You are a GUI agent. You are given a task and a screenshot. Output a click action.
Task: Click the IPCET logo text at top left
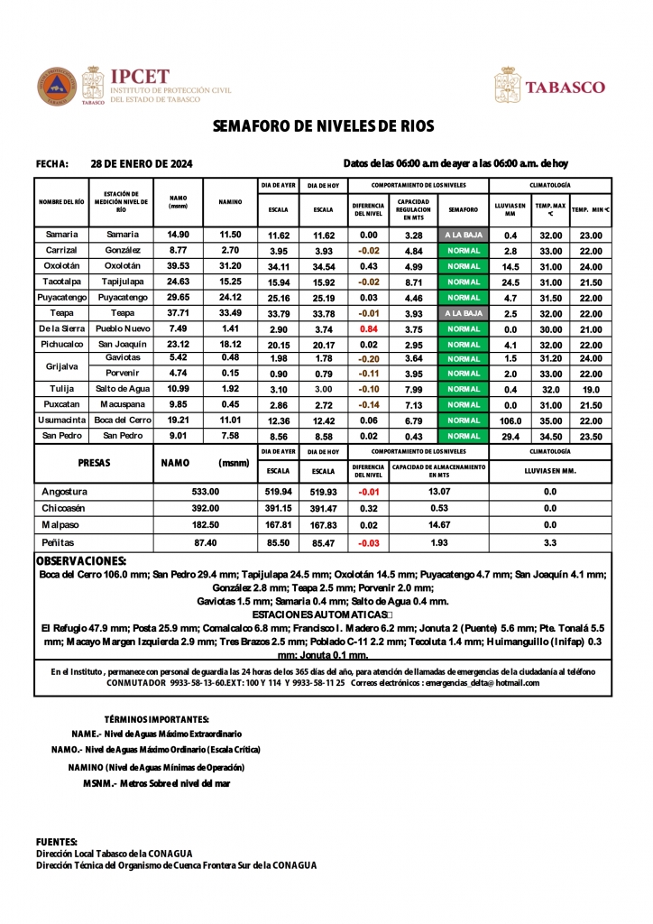tap(139, 77)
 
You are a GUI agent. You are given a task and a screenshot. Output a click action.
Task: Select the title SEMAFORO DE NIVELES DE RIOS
tap(324, 126)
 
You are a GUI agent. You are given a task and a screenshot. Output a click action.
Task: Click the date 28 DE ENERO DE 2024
tap(142, 164)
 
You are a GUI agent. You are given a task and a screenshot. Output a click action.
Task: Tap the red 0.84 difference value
tap(368, 329)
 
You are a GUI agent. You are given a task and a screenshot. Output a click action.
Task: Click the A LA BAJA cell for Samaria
tap(463, 235)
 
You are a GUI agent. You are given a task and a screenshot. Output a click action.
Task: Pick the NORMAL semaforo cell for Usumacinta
tap(463, 420)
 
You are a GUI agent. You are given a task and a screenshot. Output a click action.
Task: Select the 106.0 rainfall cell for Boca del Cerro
tap(510, 420)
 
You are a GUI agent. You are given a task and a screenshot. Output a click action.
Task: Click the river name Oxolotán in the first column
tap(61, 266)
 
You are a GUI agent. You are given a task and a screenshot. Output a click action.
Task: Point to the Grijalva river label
tap(61, 366)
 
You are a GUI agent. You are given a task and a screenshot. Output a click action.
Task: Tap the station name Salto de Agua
tap(122, 389)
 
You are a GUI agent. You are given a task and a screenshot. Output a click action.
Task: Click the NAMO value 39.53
tap(178, 266)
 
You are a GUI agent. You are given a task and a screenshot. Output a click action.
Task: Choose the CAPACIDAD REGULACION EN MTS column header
tap(413, 209)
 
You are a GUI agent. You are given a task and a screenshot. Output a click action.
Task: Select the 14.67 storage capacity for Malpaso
tap(438, 524)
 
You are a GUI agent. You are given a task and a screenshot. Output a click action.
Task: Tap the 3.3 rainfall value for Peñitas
tap(550, 543)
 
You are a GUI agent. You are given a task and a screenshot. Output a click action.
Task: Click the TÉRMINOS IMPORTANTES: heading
tap(157, 720)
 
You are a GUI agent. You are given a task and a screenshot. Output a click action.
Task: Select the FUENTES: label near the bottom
tap(56, 841)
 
